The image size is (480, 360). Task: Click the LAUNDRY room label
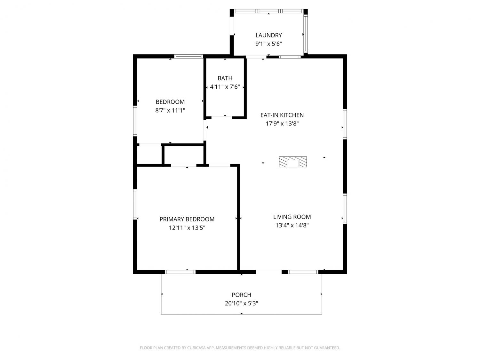pos(268,35)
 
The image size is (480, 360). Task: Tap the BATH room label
pos(225,78)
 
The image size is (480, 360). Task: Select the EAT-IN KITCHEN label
pos(282,115)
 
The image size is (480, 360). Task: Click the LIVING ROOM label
pos(292,217)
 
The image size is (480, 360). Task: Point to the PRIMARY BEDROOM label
pos(187,219)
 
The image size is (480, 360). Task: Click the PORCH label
pos(241,295)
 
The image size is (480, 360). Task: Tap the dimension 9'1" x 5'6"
pos(268,44)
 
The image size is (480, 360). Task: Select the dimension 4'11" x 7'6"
pos(225,87)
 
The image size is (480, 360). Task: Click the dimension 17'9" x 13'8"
pos(282,124)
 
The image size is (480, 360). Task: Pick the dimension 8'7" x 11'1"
pos(170,110)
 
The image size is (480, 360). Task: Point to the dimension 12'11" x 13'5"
pos(187,228)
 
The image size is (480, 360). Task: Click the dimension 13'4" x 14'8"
pos(292,225)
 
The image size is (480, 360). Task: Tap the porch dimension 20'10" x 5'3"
pos(241,303)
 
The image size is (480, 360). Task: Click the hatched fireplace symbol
pos(293,162)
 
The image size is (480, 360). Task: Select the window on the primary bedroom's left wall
pos(135,204)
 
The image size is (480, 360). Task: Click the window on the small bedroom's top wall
pos(188,56)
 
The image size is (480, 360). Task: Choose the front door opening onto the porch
pos(268,272)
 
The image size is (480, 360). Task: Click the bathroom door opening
pos(221,117)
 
